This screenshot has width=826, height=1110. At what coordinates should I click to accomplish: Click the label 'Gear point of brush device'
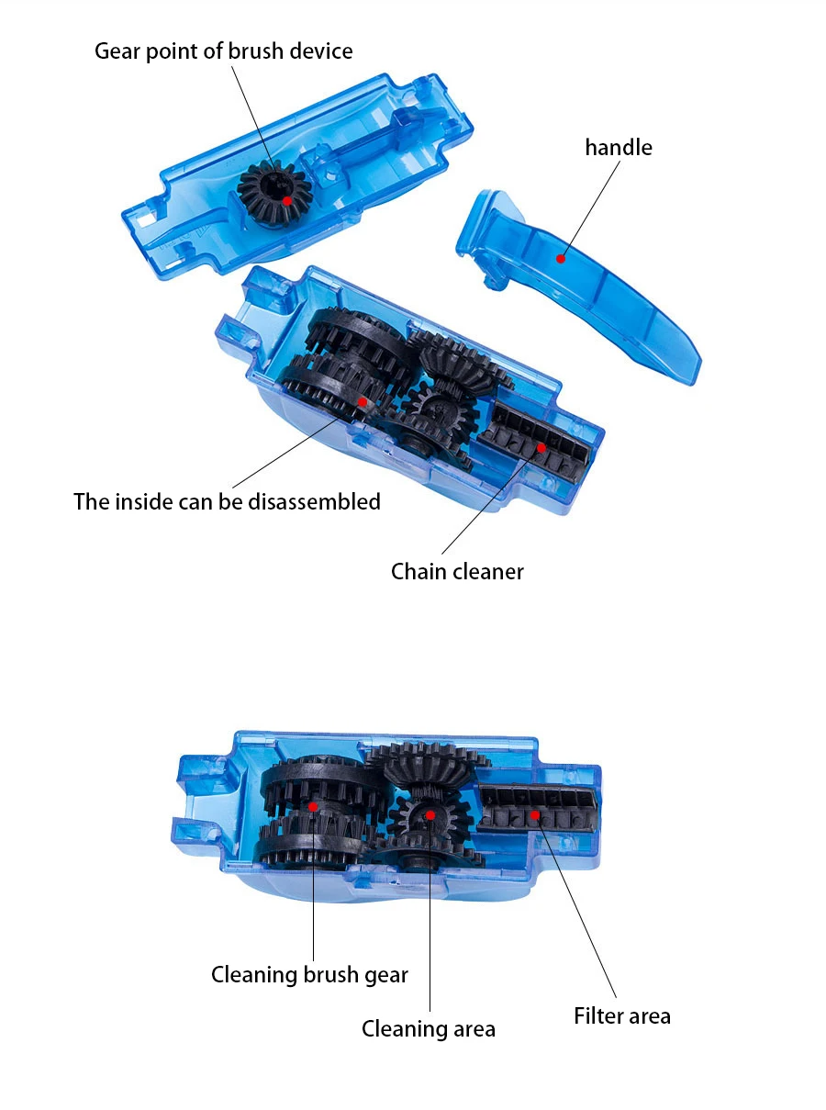click(x=223, y=50)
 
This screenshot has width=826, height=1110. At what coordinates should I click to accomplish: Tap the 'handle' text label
click(x=619, y=147)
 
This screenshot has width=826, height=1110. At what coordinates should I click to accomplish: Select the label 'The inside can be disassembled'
click(x=227, y=501)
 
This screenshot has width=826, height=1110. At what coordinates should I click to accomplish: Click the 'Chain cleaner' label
click(x=457, y=571)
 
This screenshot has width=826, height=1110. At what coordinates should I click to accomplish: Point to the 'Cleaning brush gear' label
click(x=309, y=974)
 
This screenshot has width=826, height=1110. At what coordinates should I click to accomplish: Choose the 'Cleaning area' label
click(x=428, y=1028)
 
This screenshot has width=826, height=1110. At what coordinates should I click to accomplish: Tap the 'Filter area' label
click(x=622, y=1016)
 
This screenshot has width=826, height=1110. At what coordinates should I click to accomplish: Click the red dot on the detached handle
click(x=560, y=259)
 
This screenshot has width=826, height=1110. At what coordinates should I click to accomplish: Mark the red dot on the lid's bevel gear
click(x=287, y=199)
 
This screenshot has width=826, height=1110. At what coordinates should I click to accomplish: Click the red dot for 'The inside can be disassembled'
click(x=363, y=401)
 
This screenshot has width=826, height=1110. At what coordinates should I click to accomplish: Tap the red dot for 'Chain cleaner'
click(x=541, y=447)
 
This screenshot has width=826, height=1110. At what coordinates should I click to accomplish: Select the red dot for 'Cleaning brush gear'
click(x=313, y=806)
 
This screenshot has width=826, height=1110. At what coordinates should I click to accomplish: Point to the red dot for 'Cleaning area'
click(x=429, y=814)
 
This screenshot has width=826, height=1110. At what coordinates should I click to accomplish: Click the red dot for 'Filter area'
click(x=534, y=814)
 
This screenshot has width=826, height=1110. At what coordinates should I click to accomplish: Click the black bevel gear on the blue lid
click(x=273, y=188)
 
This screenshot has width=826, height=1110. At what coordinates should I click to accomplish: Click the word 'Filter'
click(x=597, y=1016)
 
